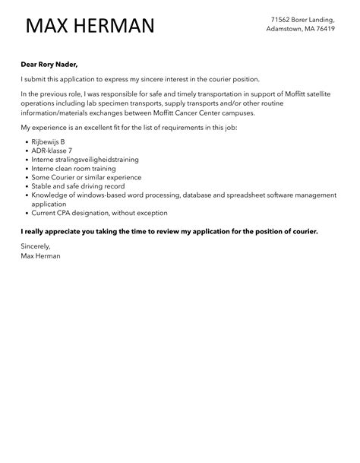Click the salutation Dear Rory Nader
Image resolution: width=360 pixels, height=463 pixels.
coord(50,65)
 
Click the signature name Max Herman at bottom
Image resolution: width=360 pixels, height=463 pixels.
coord(41,256)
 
